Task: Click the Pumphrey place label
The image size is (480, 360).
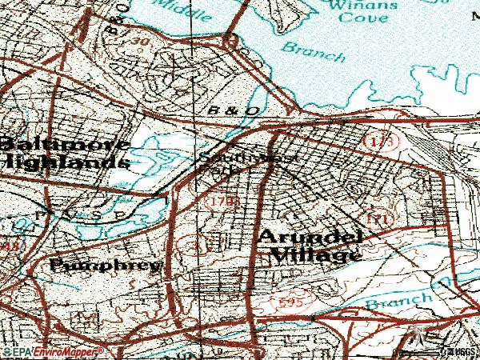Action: click(x=106, y=264)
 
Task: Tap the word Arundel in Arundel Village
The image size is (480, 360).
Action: click(x=311, y=238)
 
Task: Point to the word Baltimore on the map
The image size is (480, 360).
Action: click(x=63, y=145)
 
